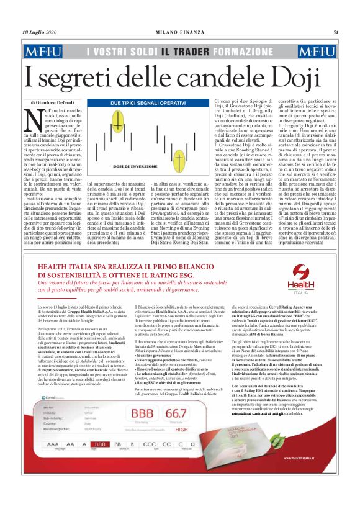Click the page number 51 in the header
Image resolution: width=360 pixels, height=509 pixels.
coord(335,32)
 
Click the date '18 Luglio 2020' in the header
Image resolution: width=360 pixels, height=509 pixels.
coord(40,32)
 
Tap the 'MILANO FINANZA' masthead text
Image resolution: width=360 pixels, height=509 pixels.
coord(180,32)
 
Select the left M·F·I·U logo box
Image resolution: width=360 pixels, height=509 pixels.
coord(45,51)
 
